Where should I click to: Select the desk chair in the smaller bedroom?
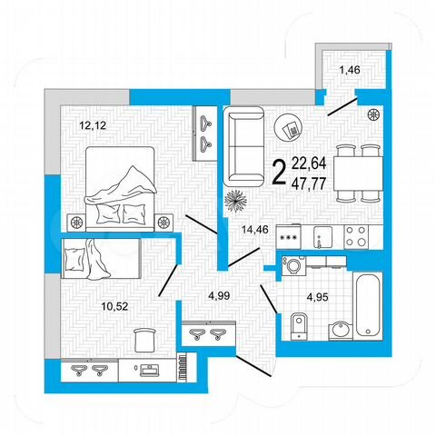143,340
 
